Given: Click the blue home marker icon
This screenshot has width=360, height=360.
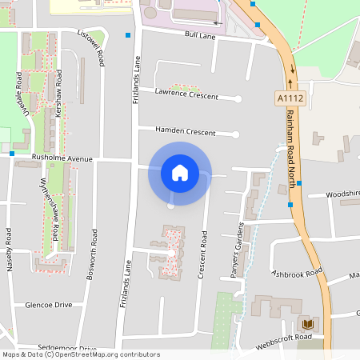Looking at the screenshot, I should coord(179,173).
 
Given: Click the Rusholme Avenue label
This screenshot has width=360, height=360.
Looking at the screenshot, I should coord(62,158).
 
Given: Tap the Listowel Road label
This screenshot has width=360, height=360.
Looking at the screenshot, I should coord(89,47).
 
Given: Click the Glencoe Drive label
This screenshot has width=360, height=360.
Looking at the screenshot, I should coord(49,305).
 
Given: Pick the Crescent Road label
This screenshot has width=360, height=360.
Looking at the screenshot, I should coord(203,255).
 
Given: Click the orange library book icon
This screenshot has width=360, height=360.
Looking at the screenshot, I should coord(306,324).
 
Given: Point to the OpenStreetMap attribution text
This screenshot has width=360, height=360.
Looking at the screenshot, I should coord(81,354).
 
